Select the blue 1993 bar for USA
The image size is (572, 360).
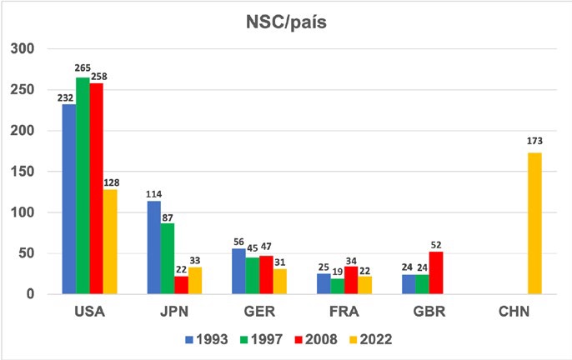[x=69, y=199]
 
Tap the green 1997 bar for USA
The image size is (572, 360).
[x=83, y=186]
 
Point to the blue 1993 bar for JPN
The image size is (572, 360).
[x=154, y=247]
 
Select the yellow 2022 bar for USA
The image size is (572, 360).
[x=110, y=242]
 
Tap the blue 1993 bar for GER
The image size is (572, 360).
[x=239, y=271]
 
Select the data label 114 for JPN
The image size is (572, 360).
[x=154, y=194]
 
